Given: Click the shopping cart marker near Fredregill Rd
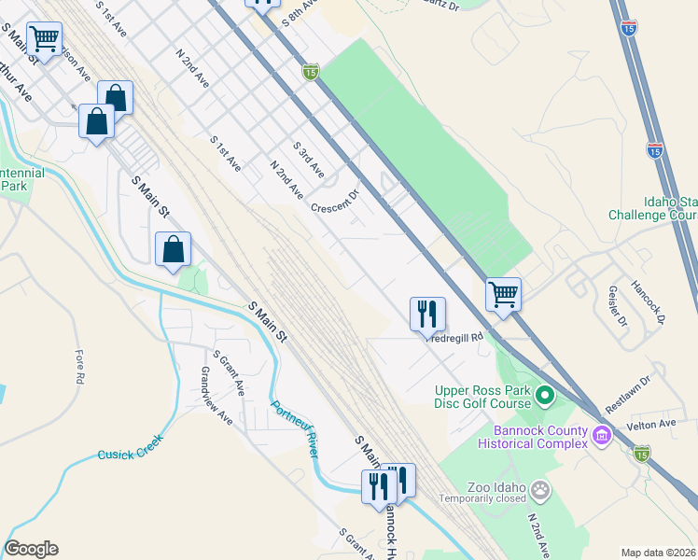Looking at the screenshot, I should pyautogui.click(x=503, y=295).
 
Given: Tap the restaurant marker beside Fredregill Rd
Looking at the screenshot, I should pyautogui.click(x=428, y=315).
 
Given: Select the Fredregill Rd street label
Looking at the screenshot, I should pyautogui.click(x=456, y=337).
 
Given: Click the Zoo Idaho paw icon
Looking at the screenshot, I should pyautogui.click(x=539, y=489).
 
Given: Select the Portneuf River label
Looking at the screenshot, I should pyautogui.click(x=295, y=428).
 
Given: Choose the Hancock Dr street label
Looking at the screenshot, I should pyautogui.click(x=646, y=301).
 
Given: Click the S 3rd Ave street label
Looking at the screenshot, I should pyautogui.click(x=308, y=160).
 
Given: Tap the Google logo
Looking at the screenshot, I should pyautogui.click(x=31, y=549).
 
